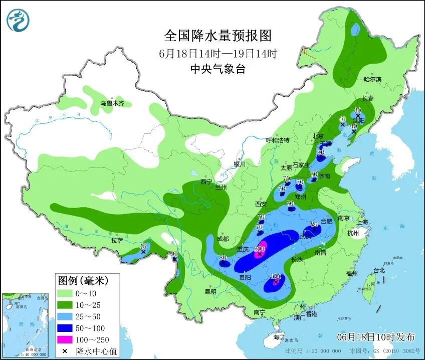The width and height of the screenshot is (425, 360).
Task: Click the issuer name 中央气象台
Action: tap(218, 70)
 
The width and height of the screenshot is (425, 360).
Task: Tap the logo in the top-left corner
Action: tap(18, 21)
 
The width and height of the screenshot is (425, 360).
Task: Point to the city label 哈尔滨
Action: tap(372, 79)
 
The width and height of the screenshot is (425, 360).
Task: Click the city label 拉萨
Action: tap(117, 240)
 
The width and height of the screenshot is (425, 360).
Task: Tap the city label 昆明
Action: tap(210, 291)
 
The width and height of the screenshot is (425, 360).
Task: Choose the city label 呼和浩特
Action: tap(278, 140)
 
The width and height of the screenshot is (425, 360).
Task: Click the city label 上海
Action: tap(362, 222)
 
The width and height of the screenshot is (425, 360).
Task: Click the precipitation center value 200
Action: tap(260, 249)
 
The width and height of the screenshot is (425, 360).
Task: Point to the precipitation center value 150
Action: tap(276, 277)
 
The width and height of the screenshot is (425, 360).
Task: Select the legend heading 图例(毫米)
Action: tap(82, 279)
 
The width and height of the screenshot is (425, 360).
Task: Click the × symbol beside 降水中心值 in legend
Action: tap(65, 350)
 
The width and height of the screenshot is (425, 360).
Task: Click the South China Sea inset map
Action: tap(26, 324)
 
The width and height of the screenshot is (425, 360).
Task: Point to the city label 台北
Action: tap(379, 270)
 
